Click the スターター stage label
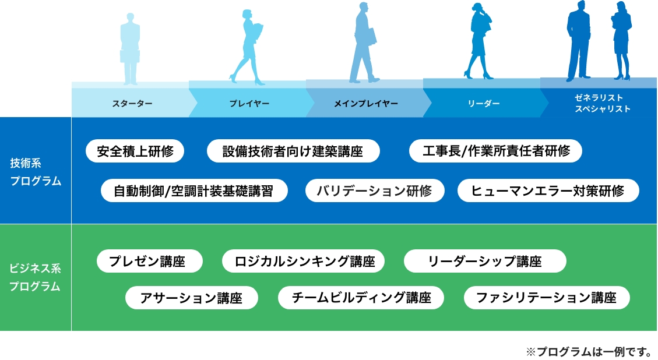coord(132,104)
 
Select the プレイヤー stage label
coord(249,104)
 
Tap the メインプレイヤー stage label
coord(366,104)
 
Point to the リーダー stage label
coord(484,104)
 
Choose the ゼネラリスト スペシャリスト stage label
coord(602,103)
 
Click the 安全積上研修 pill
coord(135,151)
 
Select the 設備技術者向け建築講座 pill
coord(293,151)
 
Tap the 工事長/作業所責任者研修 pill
coord(496,151)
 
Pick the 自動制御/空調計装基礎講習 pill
coord(193,190)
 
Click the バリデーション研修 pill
coord(375,190)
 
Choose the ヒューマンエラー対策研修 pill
coord(548,190)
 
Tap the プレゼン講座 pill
coord(150,261)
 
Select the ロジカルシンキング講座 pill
coord(304,261)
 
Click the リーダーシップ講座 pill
coord(485,261)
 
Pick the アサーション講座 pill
coord(191,298)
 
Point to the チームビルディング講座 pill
coord(361,298)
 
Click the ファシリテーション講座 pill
coord(547,298)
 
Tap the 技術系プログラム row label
coord(36,172)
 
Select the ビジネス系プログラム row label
coord(36,277)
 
